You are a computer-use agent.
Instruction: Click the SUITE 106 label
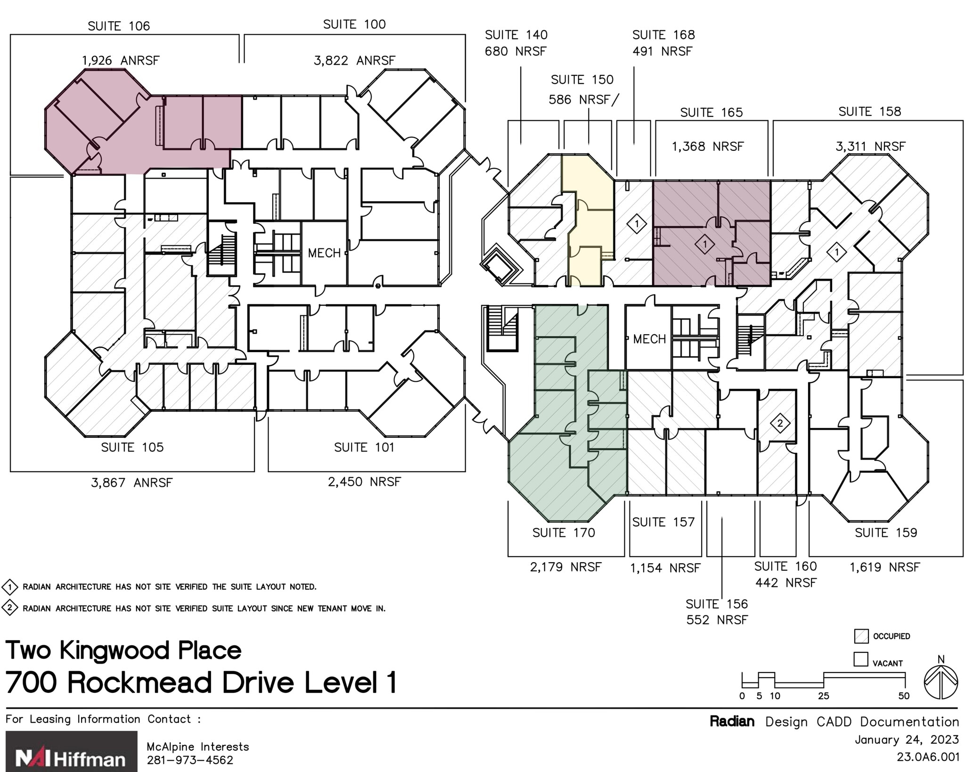click(x=119, y=26)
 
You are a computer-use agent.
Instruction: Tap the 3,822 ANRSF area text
click(x=354, y=60)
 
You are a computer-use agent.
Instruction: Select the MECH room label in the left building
click(x=324, y=253)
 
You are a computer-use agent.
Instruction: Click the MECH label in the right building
click(x=649, y=339)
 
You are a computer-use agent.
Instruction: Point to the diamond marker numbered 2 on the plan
click(x=780, y=423)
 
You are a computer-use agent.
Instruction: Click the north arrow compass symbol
click(x=940, y=682)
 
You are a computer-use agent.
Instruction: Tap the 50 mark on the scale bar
click(x=904, y=696)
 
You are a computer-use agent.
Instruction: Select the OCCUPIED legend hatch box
click(x=861, y=636)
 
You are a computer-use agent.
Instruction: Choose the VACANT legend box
click(x=861, y=659)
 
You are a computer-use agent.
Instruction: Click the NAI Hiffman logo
click(x=71, y=751)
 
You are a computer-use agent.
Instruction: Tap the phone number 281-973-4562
click(x=190, y=760)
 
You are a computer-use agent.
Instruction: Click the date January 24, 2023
click(x=907, y=739)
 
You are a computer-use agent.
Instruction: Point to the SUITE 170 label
click(x=564, y=533)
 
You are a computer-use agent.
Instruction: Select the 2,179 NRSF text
click(x=565, y=567)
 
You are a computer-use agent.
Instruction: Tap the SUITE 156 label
click(x=716, y=604)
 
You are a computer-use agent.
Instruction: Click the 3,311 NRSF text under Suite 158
click(x=870, y=147)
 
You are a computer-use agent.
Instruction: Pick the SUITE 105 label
click(x=132, y=447)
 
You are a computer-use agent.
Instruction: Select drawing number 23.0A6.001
click(x=927, y=757)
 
